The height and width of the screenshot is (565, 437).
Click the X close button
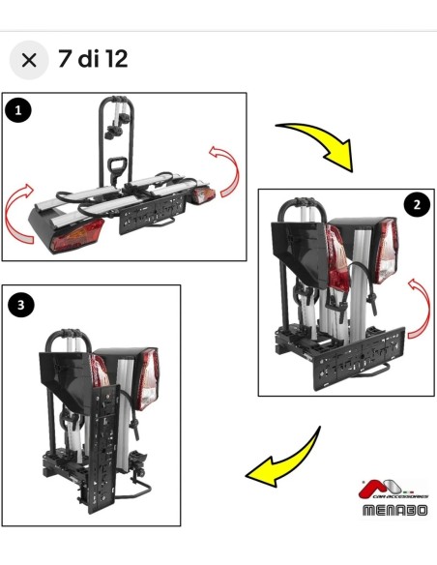click(x=29, y=60)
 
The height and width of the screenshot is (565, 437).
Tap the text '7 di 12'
click(x=93, y=59)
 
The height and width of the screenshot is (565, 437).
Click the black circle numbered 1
click(x=18, y=110)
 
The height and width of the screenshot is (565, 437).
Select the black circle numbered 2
click(x=417, y=205)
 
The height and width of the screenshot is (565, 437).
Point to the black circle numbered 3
click(x=21, y=305)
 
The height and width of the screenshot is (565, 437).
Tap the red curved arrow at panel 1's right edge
click(x=232, y=169)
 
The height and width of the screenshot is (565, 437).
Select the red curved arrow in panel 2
click(x=424, y=307)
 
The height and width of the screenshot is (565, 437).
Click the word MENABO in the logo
click(x=394, y=510)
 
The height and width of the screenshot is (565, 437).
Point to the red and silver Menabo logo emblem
click(x=381, y=488)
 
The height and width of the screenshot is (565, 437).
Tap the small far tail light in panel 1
click(x=203, y=195)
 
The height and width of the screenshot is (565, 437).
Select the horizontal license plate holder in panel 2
click(x=360, y=357)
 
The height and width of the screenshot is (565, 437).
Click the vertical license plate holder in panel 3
click(x=103, y=449)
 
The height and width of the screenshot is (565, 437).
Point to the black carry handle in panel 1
click(x=117, y=167)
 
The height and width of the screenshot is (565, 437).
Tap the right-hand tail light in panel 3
click(x=148, y=378)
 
